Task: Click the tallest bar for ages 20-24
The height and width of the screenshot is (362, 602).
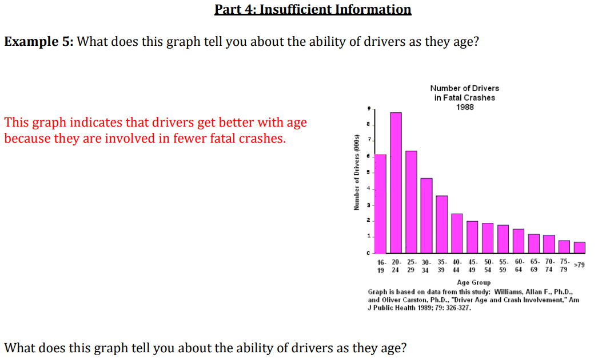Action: [x=396, y=183]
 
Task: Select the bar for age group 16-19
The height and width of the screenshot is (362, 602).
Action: [x=381, y=204]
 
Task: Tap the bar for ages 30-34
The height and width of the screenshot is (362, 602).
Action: [x=426, y=216]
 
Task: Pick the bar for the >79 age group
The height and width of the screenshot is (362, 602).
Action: [x=580, y=248]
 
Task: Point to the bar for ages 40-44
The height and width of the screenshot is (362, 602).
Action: [x=457, y=234]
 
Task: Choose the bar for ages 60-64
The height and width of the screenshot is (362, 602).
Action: [x=519, y=241]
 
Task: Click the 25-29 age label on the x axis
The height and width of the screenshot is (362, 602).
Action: [x=411, y=266]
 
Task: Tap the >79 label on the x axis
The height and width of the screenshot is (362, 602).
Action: [x=579, y=265]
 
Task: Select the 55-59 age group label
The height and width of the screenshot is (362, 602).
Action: [x=503, y=266]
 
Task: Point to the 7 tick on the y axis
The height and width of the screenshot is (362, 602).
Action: [x=369, y=140]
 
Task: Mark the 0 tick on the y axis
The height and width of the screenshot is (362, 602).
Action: [x=368, y=253]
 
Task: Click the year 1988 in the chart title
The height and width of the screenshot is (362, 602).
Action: [x=465, y=107]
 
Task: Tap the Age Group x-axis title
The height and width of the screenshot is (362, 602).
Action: [x=474, y=282]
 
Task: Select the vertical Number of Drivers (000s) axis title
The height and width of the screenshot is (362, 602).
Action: [x=357, y=172]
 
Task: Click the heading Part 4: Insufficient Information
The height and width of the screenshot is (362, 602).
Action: [x=313, y=9]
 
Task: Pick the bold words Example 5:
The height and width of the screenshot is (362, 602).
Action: [x=39, y=41]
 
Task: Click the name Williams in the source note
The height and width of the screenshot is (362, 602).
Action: [x=508, y=292]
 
